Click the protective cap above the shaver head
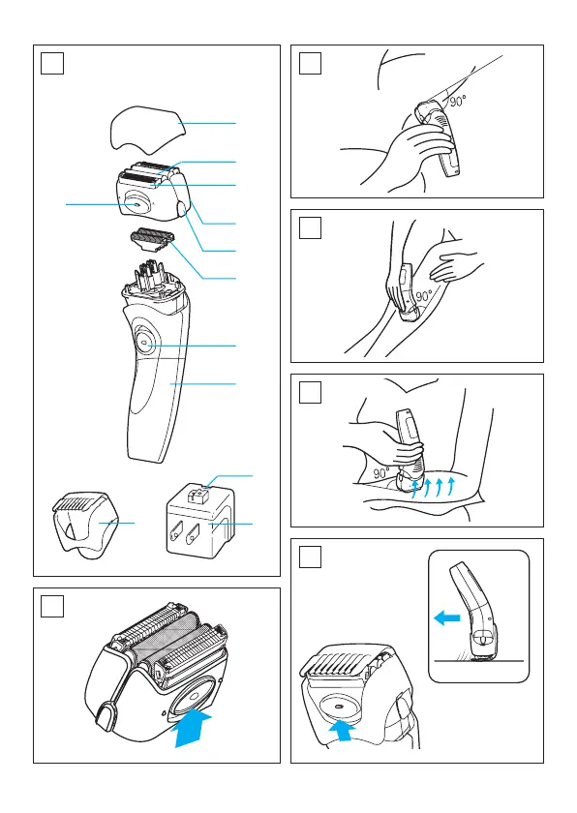click(x=147, y=129)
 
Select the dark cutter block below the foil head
click(x=151, y=240)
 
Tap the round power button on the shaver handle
click(x=144, y=344)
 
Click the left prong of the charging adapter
click(x=177, y=532)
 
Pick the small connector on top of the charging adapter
click(x=197, y=497)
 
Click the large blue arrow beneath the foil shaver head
click(x=192, y=728)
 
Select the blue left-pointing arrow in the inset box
click(x=447, y=617)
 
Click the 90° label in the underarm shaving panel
click(x=458, y=101)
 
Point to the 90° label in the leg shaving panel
click(x=424, y=296)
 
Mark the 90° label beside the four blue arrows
click(x=381, y=473)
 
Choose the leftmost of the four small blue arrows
click(x=414, y=489)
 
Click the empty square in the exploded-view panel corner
click(x=52, y=63)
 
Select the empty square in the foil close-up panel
click(x=52, y=606)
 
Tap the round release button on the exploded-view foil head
click(x=135, y=204)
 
